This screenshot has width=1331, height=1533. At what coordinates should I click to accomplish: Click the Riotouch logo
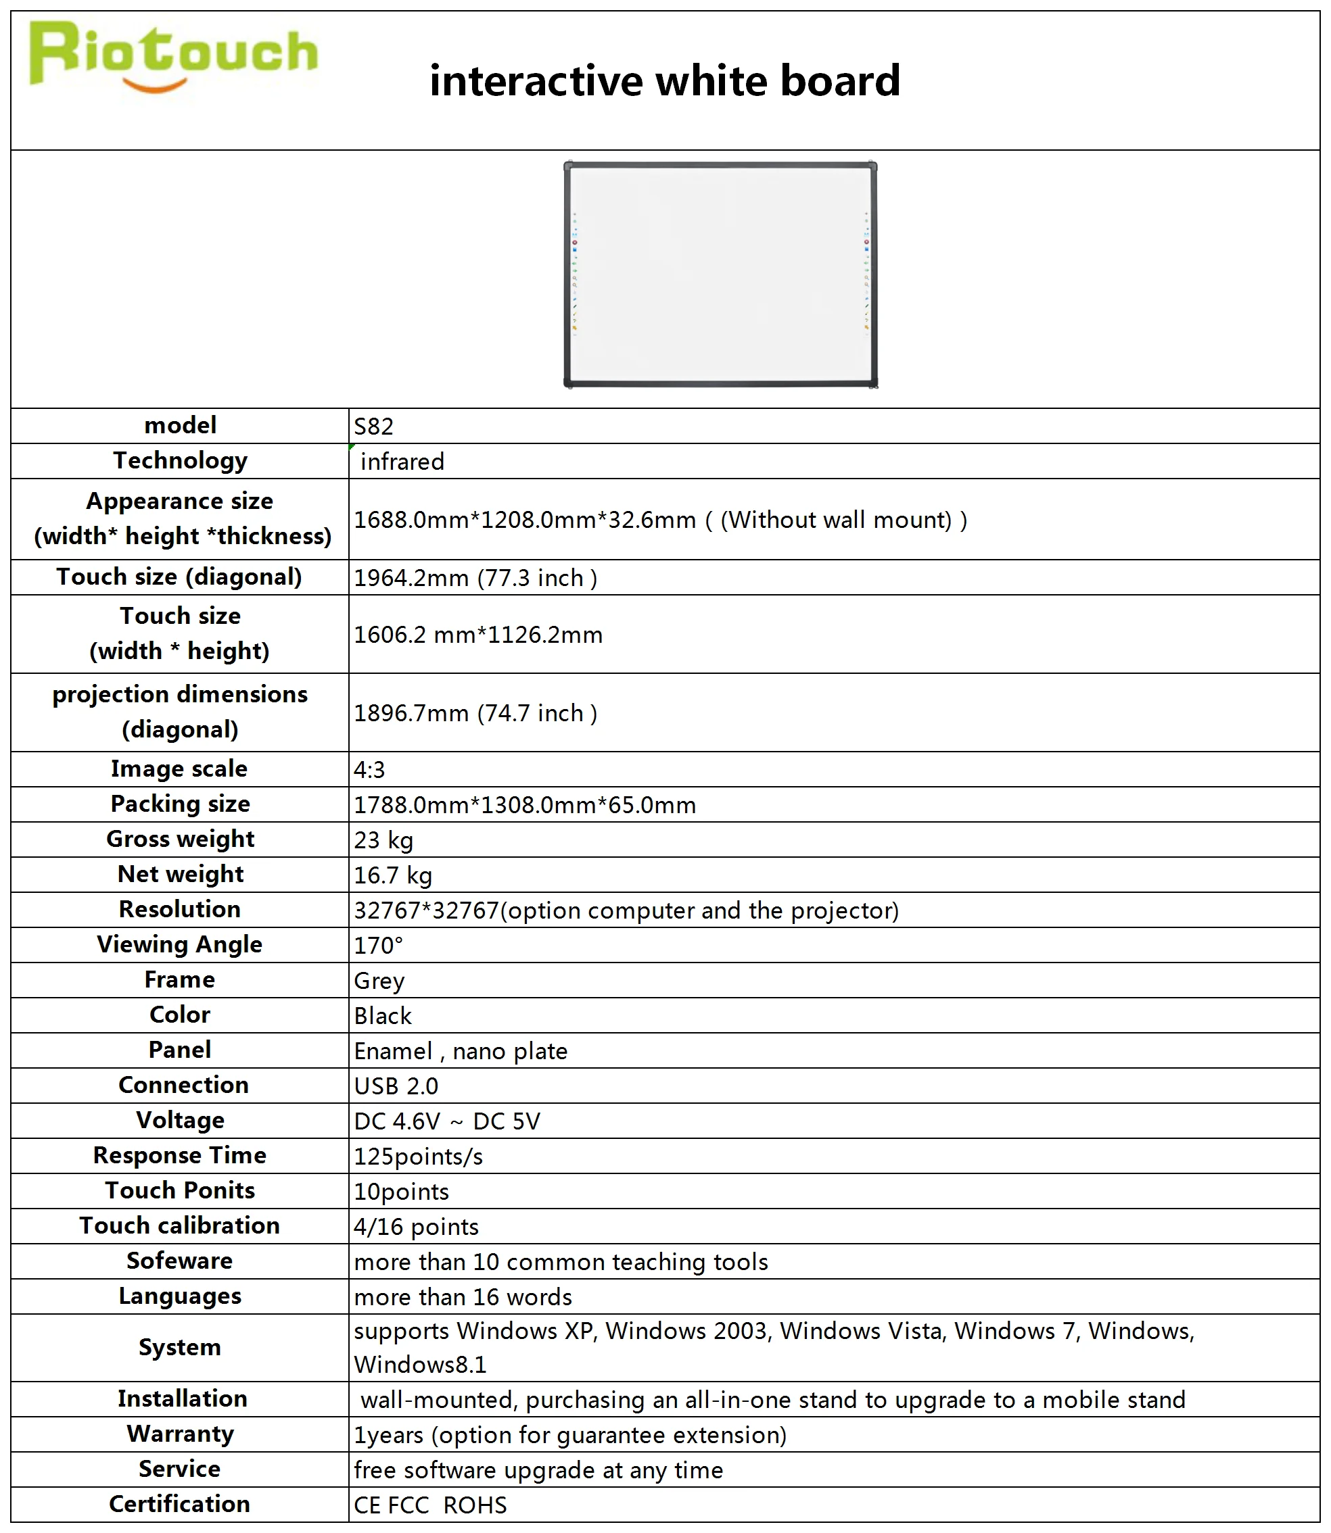click(172, 56)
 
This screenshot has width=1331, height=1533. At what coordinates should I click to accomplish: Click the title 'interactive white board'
click(665, 80)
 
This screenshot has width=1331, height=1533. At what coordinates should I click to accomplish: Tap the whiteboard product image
click(720, 274)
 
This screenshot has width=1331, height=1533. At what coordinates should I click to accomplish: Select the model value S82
click(373, 426)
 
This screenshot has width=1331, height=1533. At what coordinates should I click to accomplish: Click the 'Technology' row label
click(180, 460)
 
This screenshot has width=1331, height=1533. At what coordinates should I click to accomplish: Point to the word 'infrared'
click(402, 461)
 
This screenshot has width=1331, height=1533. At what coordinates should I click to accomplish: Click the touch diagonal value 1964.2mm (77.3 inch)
click(475, 577)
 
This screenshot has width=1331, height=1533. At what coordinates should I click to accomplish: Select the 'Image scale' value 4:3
click(369, 769)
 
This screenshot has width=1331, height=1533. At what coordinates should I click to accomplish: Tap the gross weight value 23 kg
click(383, 839)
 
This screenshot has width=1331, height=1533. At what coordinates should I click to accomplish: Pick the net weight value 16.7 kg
click(393, 875)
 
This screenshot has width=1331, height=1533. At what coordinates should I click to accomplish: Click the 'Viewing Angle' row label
click(180, 944)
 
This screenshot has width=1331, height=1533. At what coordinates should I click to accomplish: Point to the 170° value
click(378, 946)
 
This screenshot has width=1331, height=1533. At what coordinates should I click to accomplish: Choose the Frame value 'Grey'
click(379, 981)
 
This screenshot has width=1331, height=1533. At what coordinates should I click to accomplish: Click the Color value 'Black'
click(383, 1015)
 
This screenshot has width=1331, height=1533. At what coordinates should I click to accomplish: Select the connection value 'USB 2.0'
click(396, 1086)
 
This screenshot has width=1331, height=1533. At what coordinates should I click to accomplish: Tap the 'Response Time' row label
click(180, 1155)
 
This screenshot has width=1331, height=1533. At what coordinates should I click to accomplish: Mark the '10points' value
click(401, 1192)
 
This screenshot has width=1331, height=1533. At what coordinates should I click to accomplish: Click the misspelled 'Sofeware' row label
click(180, 1261)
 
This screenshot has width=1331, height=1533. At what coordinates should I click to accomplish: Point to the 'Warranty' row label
click(180, 1434)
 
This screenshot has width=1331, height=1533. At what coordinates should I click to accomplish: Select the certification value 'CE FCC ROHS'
click(430, 1505)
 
